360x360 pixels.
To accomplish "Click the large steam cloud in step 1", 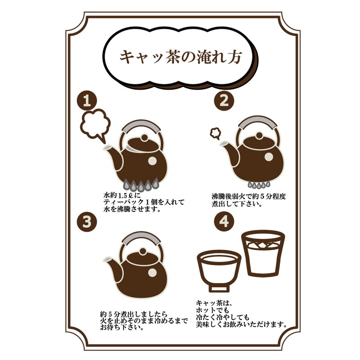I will click(96, 125).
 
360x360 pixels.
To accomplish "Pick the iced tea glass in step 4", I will click(263, 252).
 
